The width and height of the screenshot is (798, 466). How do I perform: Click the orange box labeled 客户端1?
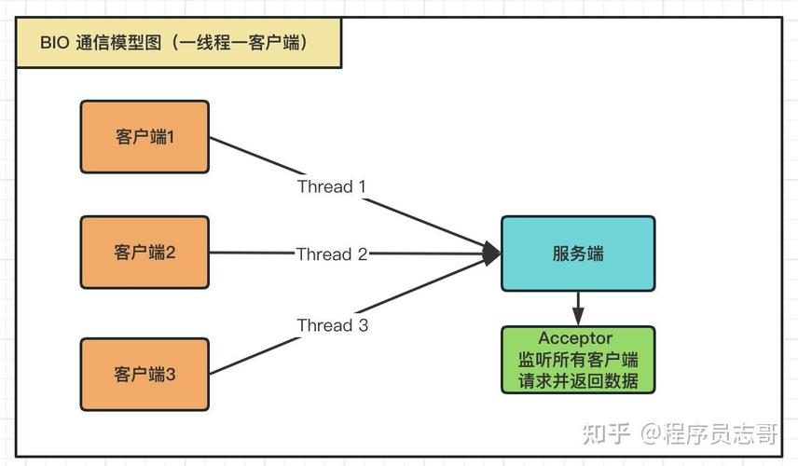pos(144,137)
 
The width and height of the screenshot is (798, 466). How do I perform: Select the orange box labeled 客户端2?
pos(144,252)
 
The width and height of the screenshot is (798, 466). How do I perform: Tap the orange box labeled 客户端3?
pos(144,374)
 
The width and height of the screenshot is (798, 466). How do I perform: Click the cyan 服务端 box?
pos(577,254)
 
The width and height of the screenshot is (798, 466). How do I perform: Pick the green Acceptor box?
pos(578,360)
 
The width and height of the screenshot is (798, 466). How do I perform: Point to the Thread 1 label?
pos(331,186)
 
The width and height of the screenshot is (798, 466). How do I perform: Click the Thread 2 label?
pos(331,254)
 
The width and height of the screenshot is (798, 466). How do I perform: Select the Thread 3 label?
pos(332,325)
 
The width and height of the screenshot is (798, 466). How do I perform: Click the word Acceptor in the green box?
pos(575,338)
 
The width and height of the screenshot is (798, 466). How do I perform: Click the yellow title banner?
pos(176,43)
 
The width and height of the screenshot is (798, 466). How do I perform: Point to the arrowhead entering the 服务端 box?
pos(491,252)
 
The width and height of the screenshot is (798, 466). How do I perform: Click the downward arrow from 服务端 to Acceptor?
pos(578,308)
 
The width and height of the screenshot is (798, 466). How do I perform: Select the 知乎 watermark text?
pos(607,433)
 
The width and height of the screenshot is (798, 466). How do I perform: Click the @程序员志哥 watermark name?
pos(709,433)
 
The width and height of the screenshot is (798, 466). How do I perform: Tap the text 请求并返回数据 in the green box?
pos(578,380)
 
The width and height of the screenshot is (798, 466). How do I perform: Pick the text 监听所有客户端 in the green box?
pos(578,359)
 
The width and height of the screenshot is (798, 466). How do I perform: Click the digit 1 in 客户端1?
pos(171,137)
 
